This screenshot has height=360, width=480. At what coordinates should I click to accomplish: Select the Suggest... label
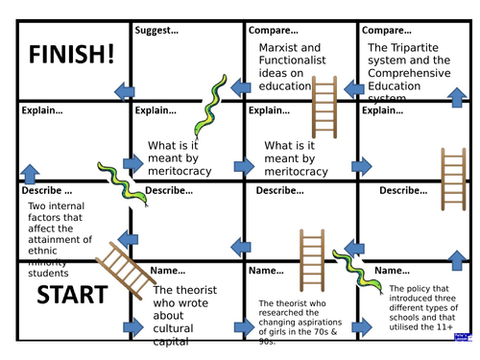pos(157,31)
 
